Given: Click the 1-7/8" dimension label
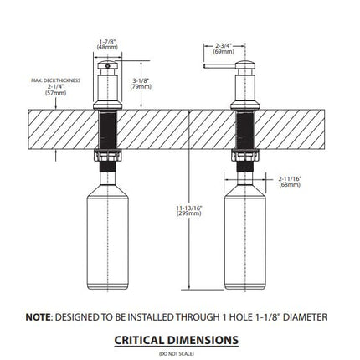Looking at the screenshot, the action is point(107,42).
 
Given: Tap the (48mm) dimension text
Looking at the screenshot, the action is point(107,47).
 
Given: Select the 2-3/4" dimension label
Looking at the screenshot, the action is point(224,46).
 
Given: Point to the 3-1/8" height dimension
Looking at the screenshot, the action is point(141,80).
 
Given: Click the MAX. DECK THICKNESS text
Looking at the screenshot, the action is point(55,80).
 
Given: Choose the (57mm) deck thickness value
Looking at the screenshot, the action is point(55,93).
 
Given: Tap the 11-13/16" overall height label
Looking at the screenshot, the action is point(189,208).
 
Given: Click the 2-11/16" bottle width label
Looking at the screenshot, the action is point(290,179).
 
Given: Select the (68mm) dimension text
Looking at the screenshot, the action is point(290,184).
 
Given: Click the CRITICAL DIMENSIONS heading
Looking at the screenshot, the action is point(177,340).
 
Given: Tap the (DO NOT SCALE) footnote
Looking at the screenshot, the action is point(177,354).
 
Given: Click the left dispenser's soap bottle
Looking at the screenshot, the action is point(108,237).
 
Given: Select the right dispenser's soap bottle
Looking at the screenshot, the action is point(245,237).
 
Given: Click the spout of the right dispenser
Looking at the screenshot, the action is point(219,66).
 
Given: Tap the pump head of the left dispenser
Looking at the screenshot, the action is point(107,66).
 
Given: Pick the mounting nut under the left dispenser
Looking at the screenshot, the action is point(108,156).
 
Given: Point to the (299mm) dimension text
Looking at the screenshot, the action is point(189,213).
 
